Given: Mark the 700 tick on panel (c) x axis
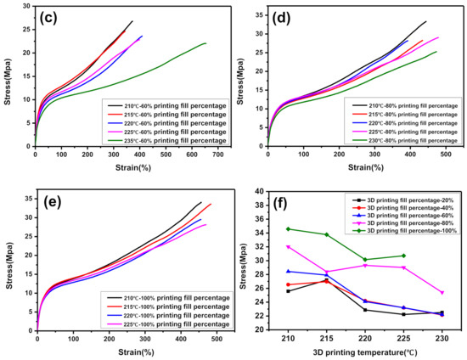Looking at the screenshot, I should coord(217,156).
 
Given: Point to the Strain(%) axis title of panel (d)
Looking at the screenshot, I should coord(355,167).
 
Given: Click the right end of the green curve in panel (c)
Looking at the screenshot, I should coord(205,43).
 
